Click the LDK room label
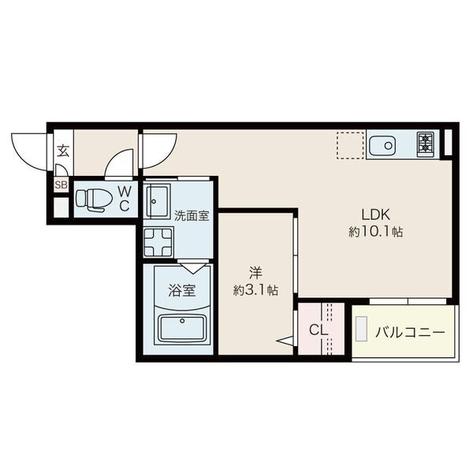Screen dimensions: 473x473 (x=375, y=214)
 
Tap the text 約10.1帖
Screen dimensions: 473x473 (x=375, y=232)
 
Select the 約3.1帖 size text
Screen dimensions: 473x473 (x=255, y=290)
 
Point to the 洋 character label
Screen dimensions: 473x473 (x=255, y=273)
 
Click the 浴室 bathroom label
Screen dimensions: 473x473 (x=182, y=290)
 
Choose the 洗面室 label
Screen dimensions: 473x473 (x=192, y=215)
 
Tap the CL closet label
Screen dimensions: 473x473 (x=318, y=330)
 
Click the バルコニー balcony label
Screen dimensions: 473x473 (x=410, y=333)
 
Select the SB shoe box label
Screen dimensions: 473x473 (x=61, y=184)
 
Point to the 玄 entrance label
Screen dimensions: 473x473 (x=63, y=151)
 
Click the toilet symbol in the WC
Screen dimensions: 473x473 (x=94, y=199)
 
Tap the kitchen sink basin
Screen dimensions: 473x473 (x=382, y=146)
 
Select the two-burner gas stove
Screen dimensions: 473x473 (x=426, y=144)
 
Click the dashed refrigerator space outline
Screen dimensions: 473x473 (x=350, y=145)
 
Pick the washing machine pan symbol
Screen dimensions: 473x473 (x=158, y=242)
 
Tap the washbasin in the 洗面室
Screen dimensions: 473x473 (x=157, y=201)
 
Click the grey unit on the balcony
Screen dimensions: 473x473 (x=361, y=329)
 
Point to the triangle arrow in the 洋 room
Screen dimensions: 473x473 (x=285, y=341)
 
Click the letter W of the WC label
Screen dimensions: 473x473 (x=125, y=191)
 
